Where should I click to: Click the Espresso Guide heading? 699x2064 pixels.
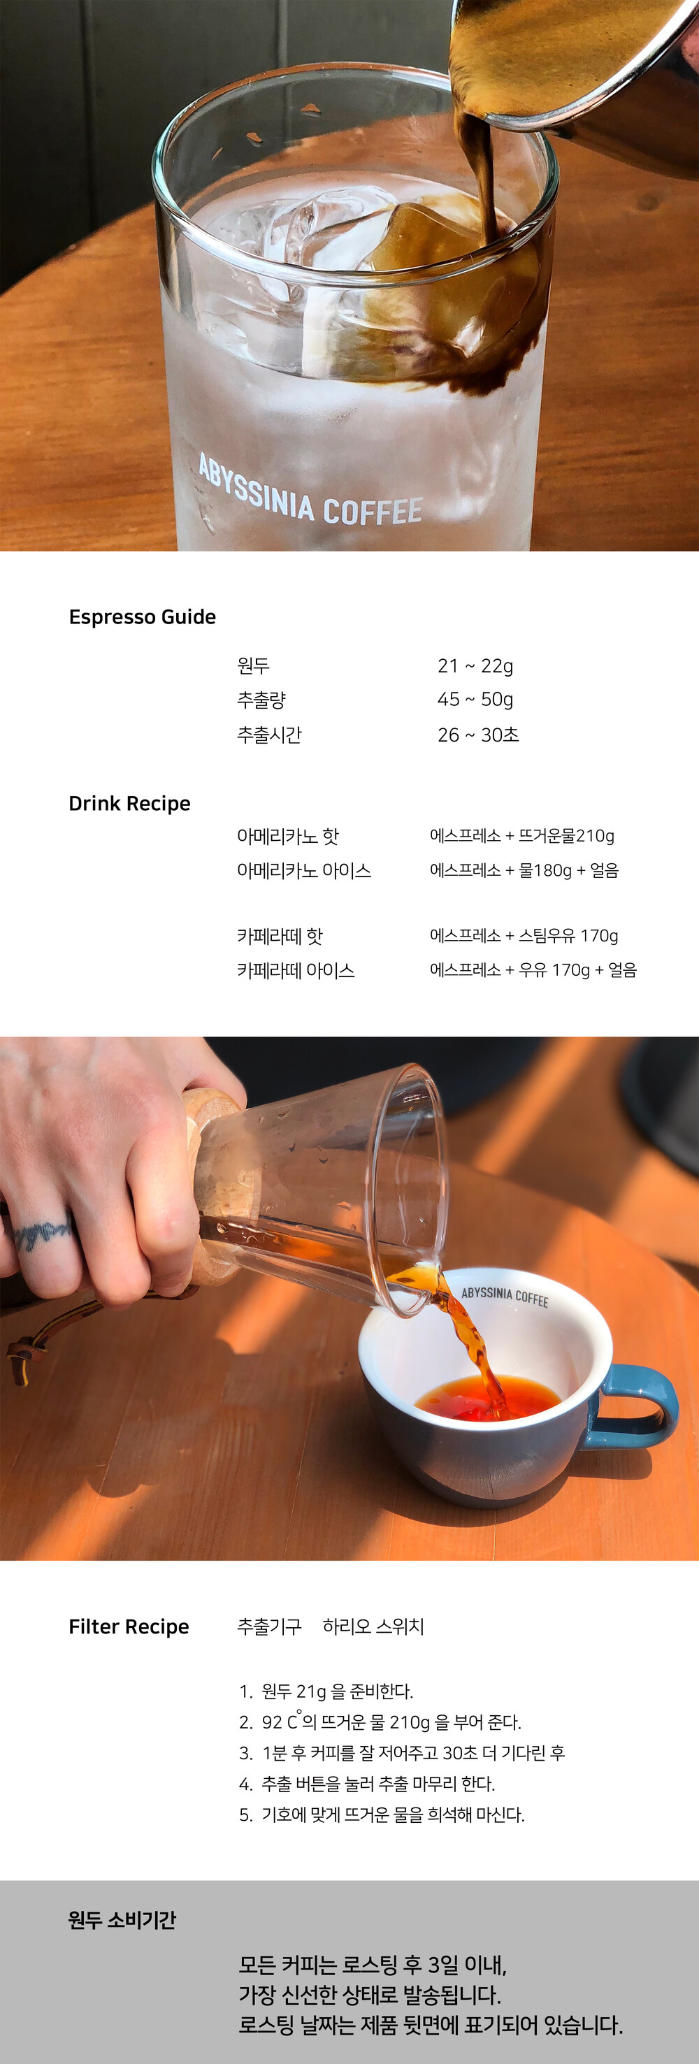click(143, 617)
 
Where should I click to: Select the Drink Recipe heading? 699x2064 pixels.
click(130, 804)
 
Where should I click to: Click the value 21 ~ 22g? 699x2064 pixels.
click(475, 666)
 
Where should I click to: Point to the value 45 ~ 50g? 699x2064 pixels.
click(475, 700)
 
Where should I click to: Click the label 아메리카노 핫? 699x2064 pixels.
click(288, 837)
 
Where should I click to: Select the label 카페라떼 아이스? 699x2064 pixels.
click(296, 970)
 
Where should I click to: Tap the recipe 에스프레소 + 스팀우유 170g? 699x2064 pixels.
click(524, 936)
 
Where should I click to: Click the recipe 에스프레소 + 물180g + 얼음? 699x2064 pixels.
click(524, 870)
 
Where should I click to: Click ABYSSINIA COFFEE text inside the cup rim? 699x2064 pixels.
click(505, 1297)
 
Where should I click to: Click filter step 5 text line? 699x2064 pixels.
click(382, 1814)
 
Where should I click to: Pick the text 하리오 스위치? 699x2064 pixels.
click(373, 1626)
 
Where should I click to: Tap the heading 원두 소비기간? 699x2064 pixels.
click(122, 1920)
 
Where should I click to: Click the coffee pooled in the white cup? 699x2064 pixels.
click(487, 1397)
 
